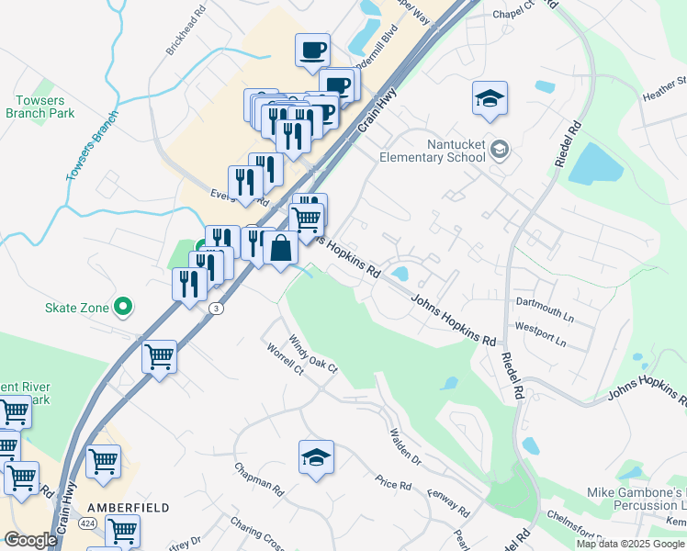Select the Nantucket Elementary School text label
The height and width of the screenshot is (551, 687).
point(432,151)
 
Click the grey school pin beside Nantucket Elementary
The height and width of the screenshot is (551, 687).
point(500,149)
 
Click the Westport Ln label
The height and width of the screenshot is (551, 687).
point(541,333)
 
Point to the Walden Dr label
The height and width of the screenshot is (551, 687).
point(404,446)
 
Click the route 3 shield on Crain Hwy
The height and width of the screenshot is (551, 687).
point(215,308)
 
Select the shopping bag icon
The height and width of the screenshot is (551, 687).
point(280,248)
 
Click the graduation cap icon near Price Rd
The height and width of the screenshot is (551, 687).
point(316,457)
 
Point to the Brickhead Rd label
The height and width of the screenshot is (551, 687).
point(186,35)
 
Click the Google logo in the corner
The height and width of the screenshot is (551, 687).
point(30,540)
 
